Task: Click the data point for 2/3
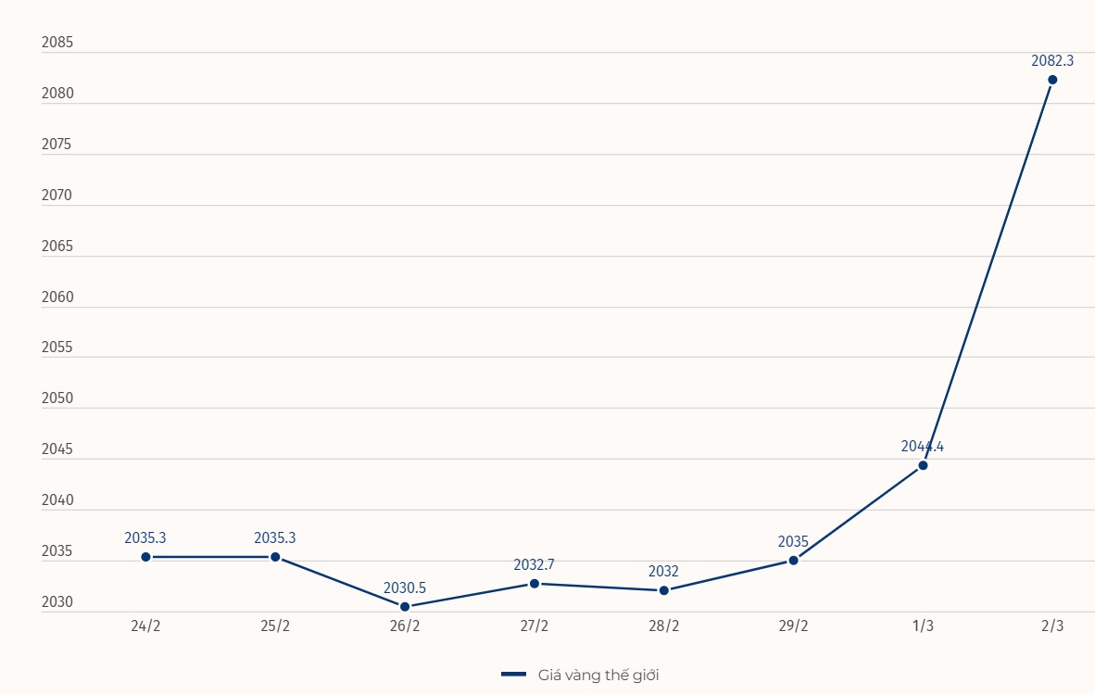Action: pos(1052,80)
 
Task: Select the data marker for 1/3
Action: pos(923,465)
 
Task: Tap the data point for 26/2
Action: pos(405,607)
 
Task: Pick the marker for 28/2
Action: pos(664,590)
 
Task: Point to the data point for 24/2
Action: pos(145,557)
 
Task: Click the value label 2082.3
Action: pos(1052,60)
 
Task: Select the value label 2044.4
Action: pos(923,446)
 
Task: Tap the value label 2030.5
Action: pos(405,588)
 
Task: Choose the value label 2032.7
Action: pos(535,564)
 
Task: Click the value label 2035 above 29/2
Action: pos(793,541)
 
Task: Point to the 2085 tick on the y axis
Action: pos(57,43)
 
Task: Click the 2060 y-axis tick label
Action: pos(57,297)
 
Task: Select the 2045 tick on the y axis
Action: pos(57,449)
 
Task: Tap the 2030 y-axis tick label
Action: pos(57,602)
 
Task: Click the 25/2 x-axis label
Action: pos(275,625)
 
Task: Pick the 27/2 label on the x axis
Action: pos(535,625)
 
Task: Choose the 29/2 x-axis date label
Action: pos(793,625)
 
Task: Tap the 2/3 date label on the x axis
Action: pos(1052,625)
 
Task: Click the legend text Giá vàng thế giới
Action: pos(598,675)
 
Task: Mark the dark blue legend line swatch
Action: pos(513,675)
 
